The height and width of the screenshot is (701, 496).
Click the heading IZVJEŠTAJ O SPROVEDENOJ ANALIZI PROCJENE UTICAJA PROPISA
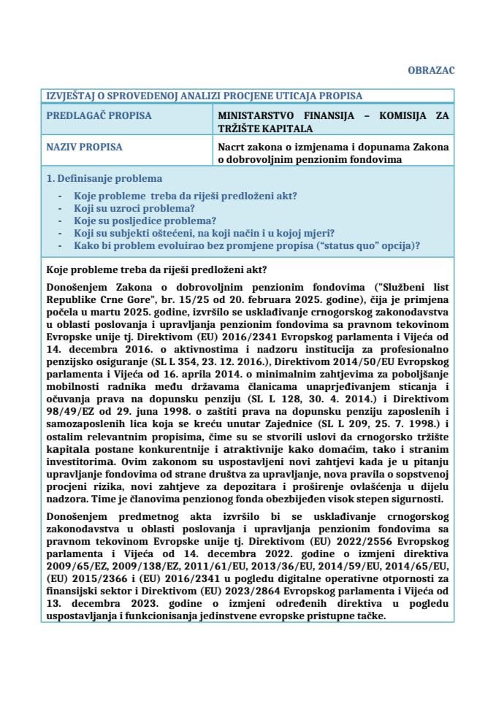click(x=204, y=96)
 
